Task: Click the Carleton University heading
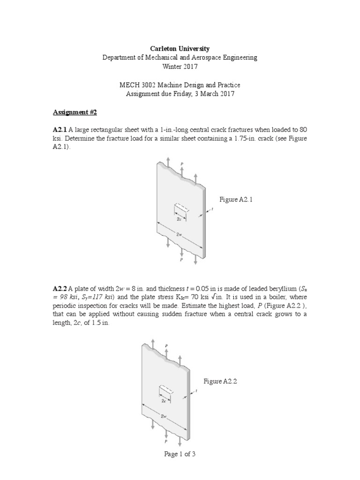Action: (180, 49)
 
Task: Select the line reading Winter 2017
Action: (180, 67)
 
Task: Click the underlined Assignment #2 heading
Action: (70, 112)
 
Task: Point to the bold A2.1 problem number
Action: (60, 129)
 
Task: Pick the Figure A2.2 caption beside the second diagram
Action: (220, 382)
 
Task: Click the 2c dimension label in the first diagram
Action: (179, 218)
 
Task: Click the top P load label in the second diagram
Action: (166, 345)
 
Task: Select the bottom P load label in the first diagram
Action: (181, 259)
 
